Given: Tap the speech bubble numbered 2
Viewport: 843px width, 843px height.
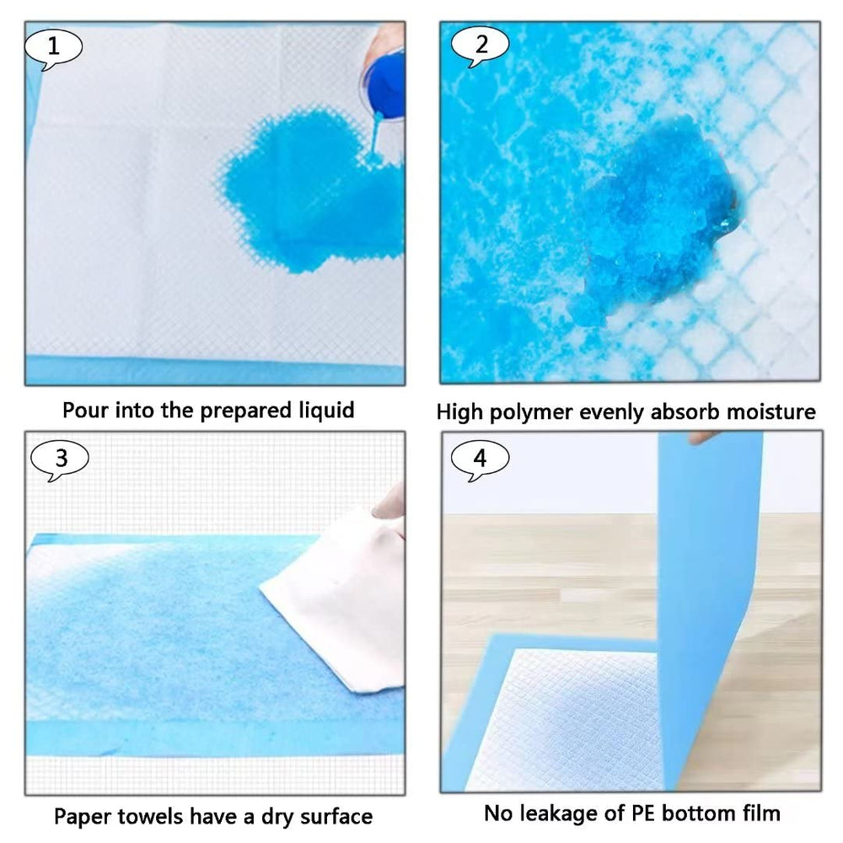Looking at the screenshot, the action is [481, 46].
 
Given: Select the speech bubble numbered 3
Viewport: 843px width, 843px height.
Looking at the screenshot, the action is [60, 459].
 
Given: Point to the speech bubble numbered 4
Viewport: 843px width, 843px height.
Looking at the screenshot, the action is [480, 459].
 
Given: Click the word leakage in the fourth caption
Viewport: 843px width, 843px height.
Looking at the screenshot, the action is [560, 813].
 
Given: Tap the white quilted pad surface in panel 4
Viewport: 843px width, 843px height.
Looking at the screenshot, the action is [565, 721].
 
